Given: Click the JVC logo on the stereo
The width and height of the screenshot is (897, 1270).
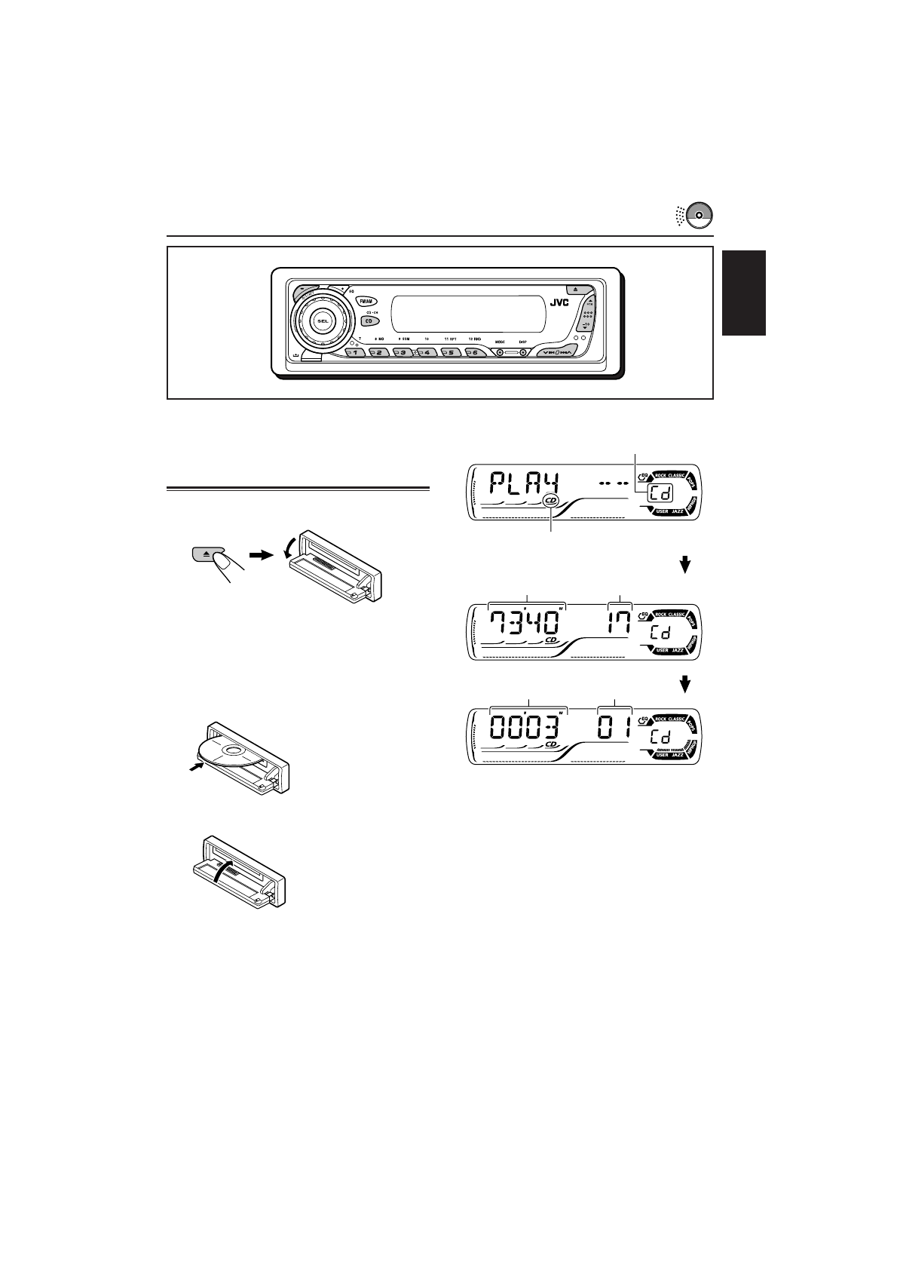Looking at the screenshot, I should point(559,302).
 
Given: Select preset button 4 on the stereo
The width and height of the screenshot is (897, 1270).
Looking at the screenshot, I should point(427,352).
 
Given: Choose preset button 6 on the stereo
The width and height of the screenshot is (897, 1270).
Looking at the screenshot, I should point(474,352).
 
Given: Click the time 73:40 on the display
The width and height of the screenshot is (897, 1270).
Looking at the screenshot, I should point(527,624).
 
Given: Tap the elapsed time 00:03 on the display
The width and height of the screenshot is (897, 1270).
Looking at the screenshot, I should point(527,728).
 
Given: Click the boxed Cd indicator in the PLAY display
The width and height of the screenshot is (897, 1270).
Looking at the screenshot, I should point(658,496).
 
